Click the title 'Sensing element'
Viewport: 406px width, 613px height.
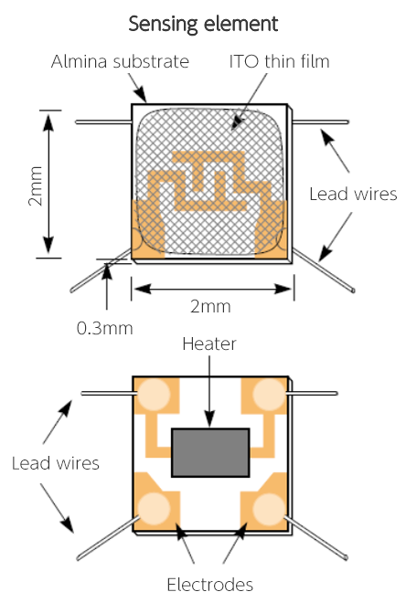pyautogui.click(x=203, y=25)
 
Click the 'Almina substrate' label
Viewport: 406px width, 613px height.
pyautogui.click(x=120, y=61)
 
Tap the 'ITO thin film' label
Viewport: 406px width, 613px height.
pyautogui.click(x=279, y=61)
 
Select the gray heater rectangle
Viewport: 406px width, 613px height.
pyautogui.click(x=210, y=453)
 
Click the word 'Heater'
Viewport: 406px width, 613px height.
pyautogui.click(x=209, y=343)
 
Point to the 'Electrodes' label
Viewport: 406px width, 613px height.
pyautogui.click(x=209, y=585)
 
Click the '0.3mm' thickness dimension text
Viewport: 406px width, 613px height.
pyautogui.click(x=105, y=328)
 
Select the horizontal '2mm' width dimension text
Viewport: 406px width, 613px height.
pyautogui.click(x=210, y=306)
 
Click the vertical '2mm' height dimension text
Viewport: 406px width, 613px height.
pyautogui.click(x=35, y=185)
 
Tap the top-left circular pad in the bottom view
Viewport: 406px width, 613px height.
pyautogui.click(x=155, y=394)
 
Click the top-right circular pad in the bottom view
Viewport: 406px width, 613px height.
pyautogui.click(x=268, y=394)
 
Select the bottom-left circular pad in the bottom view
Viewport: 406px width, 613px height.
pyautogui.click(x=155, y=508)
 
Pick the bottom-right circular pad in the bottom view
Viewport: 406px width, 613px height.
pyautogui.click(x=268, y=509)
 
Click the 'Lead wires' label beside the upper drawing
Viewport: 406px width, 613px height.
pyautogui.click(x=353, y=194)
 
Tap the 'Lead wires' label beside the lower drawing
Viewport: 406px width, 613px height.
pyautogui.click(x=56, y=463)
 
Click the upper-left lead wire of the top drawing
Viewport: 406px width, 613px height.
pyautogui.click(x=103, y=122)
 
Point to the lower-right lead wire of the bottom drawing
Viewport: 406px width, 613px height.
pyautogui.click(x=315, y=537)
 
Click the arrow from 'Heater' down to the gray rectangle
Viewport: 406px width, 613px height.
pyautogui.click(x=209, y=392)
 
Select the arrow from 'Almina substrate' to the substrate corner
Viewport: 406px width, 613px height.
pyautogui.click(x=137, y=88)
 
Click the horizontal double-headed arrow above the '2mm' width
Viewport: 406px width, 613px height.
pyautogui.click(x=212, y=289)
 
